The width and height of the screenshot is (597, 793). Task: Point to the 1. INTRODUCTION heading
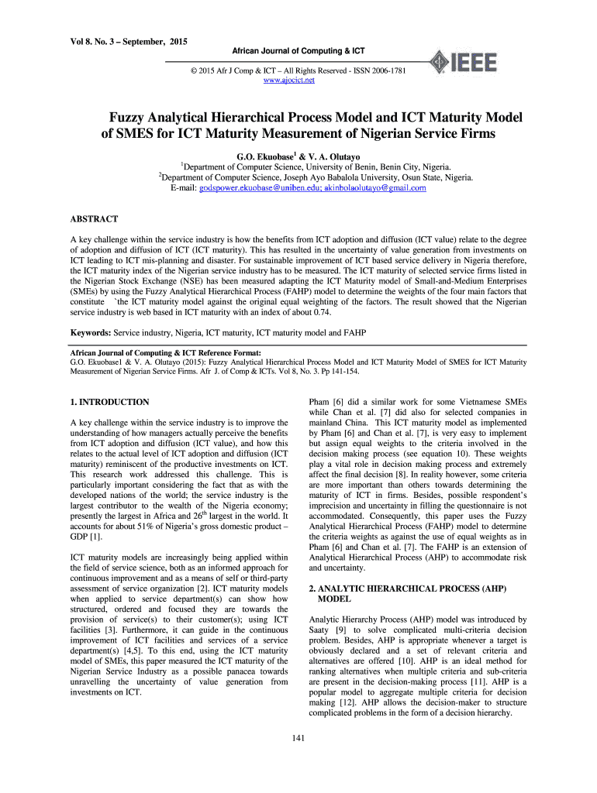(x=109, y=402)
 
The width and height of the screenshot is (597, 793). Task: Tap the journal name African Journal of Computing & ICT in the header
(x=298, y=51)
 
